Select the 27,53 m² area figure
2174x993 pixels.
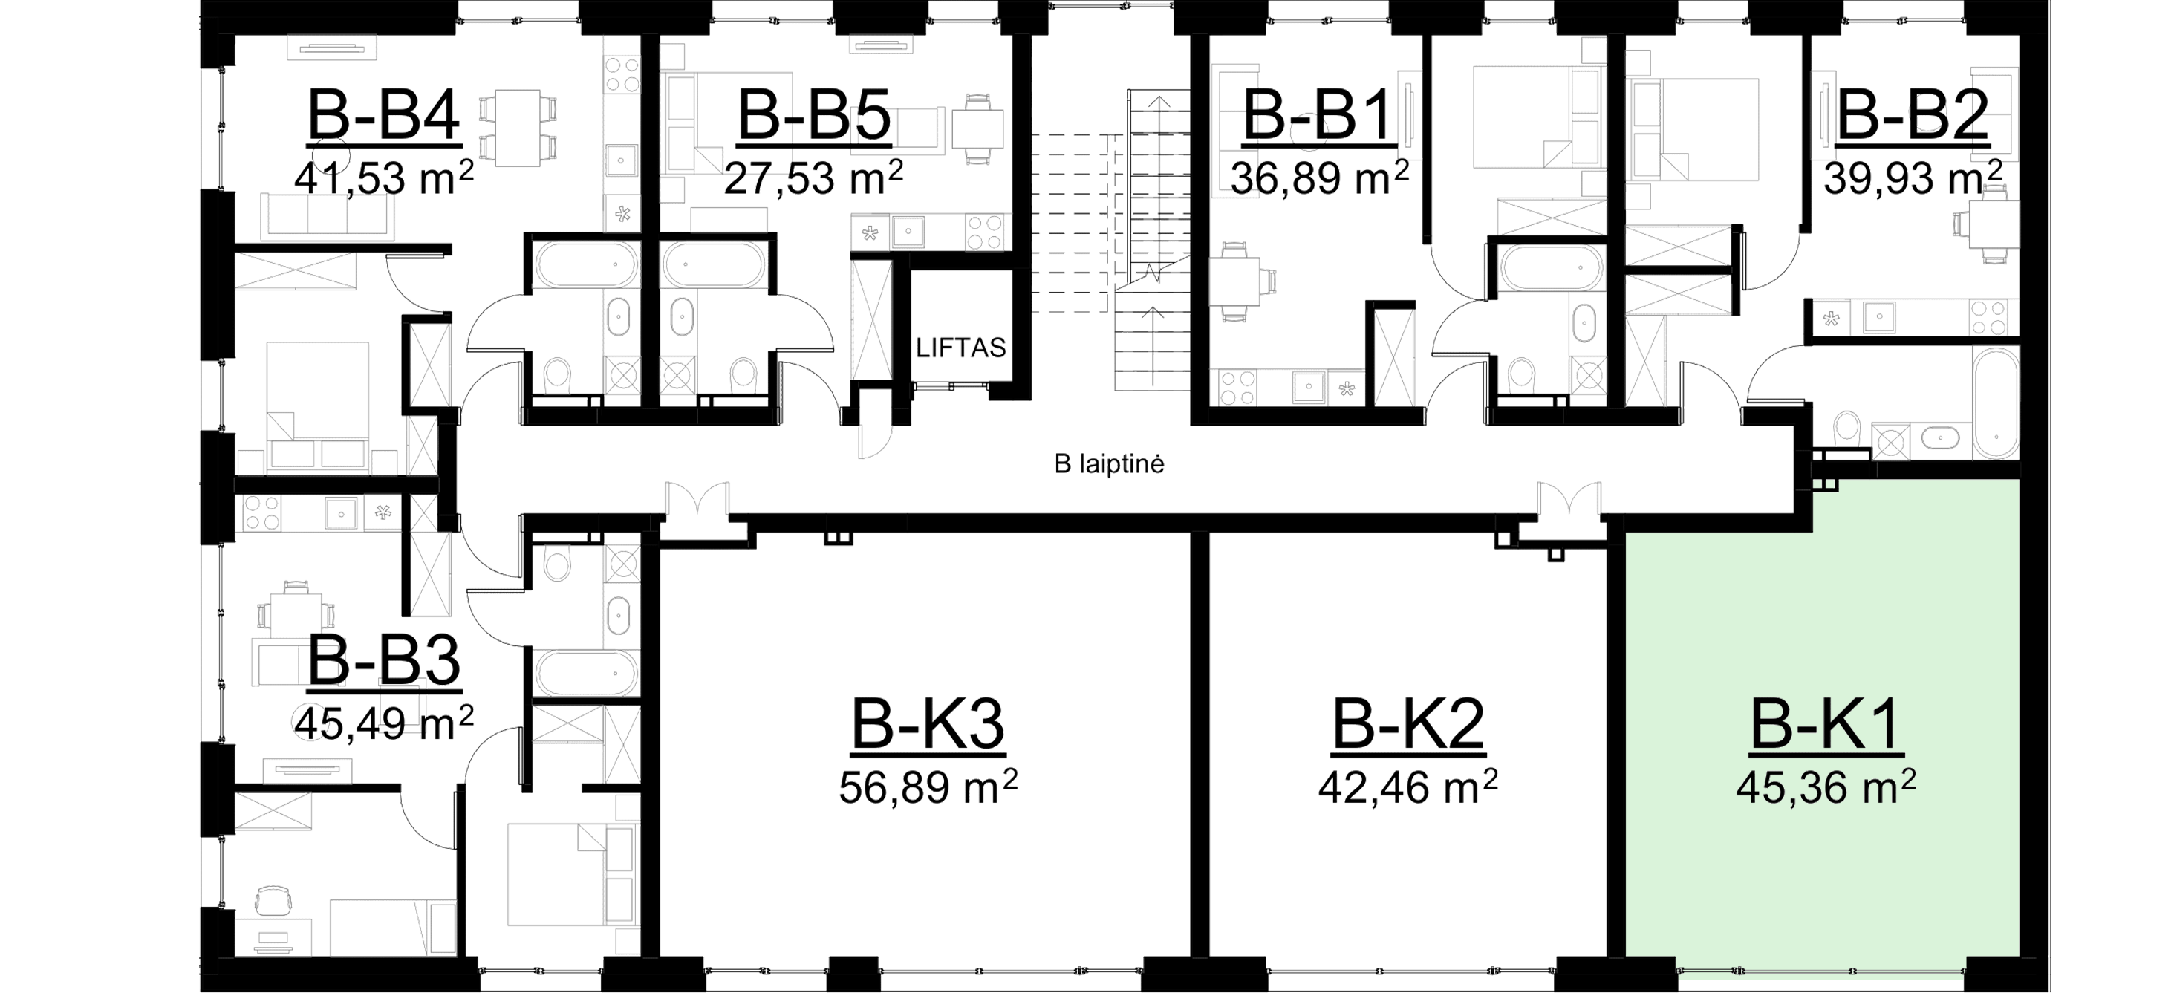pyautogui.click(x=814, y=180)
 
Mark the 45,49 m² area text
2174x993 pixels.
pyautogui.click(x=384, y=722)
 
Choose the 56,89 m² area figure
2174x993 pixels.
pyautogui.click(x=929, y=788)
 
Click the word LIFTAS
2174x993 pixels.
pyautogui.click(x=962, y=348)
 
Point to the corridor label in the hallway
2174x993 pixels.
pyautogui.click(x=1110, y=464)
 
